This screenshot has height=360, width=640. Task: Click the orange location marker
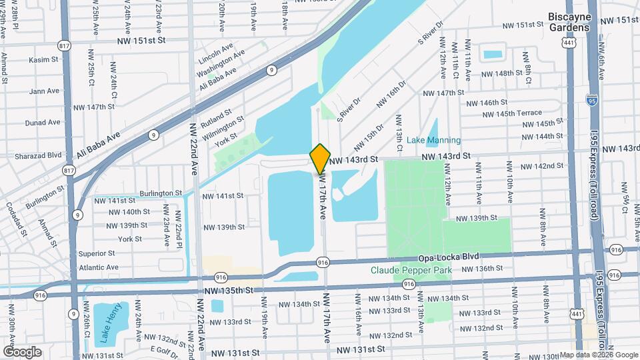pyautogui.click(x=320, y=159)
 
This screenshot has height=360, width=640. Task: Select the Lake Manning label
pyautogui.click(x=433, y=140)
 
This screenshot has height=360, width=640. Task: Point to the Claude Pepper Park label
pyautogui.click(x=411, y=270)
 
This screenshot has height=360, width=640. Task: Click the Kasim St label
pyautogui.click(x=44, y=60)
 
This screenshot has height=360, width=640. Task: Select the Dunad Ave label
pyautogui.click(x=43, y=123)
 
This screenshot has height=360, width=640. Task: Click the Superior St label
pyautogui.click(x=97, y=253)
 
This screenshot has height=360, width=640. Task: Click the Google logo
pyautogui.click(x=22, y=351)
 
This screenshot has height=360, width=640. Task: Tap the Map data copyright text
pyautogui.click(x=599, y=355)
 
